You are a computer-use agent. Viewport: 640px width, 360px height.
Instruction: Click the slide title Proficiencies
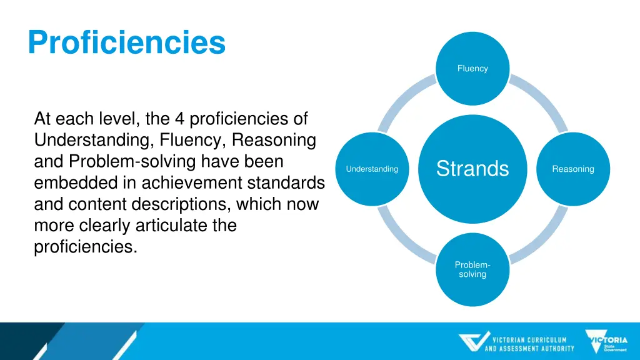(126, 43)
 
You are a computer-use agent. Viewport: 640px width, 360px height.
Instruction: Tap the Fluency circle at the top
(472, 69)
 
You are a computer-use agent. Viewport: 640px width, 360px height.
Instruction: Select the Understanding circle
(372, 169)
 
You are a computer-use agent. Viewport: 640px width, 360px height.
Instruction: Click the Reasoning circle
(572, 169)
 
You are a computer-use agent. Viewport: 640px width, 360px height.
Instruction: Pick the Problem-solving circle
(472, 269)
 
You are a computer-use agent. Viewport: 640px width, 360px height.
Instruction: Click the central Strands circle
(472, 169)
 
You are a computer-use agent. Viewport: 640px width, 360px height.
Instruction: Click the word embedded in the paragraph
(85, 183)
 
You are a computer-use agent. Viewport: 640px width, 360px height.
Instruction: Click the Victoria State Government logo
(606, 341)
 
